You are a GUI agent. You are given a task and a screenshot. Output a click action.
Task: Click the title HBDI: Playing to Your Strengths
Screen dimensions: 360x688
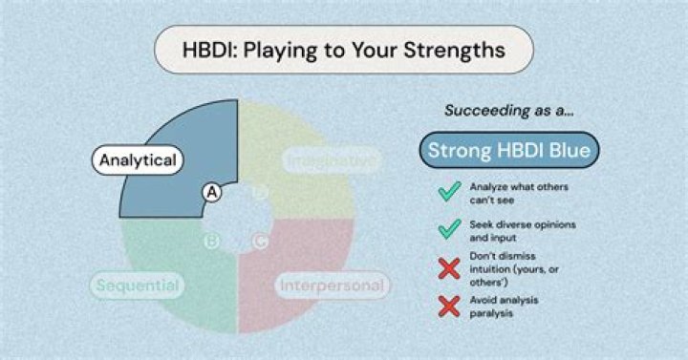(x=344, y=49)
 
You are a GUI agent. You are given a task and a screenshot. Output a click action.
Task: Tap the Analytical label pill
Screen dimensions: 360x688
(x=138, y=160)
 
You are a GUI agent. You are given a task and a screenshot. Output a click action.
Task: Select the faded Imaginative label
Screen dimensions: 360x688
(x=331, y=161)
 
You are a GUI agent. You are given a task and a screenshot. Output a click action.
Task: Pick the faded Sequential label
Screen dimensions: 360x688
(x=138, y=285)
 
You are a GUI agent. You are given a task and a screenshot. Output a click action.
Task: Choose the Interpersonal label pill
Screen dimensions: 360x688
(x=332, y=285)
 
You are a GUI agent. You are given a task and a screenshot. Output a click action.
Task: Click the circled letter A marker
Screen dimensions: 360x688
(x=212, y=193)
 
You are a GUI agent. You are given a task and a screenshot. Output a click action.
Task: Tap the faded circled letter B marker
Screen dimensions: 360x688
(x=212, y=241)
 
